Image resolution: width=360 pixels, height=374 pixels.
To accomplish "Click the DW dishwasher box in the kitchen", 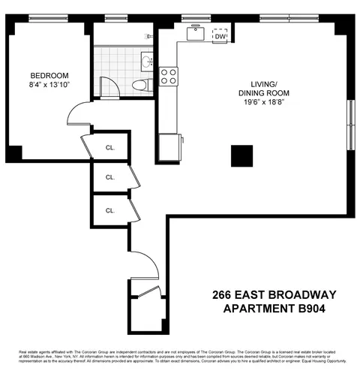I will [x=220, y=35].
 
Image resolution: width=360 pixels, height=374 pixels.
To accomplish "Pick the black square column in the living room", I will [x=242, y=155].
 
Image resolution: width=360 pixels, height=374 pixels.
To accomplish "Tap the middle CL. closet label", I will [x=110, y=177].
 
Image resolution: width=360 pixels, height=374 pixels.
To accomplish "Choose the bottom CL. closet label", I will [x=110, y=210].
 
